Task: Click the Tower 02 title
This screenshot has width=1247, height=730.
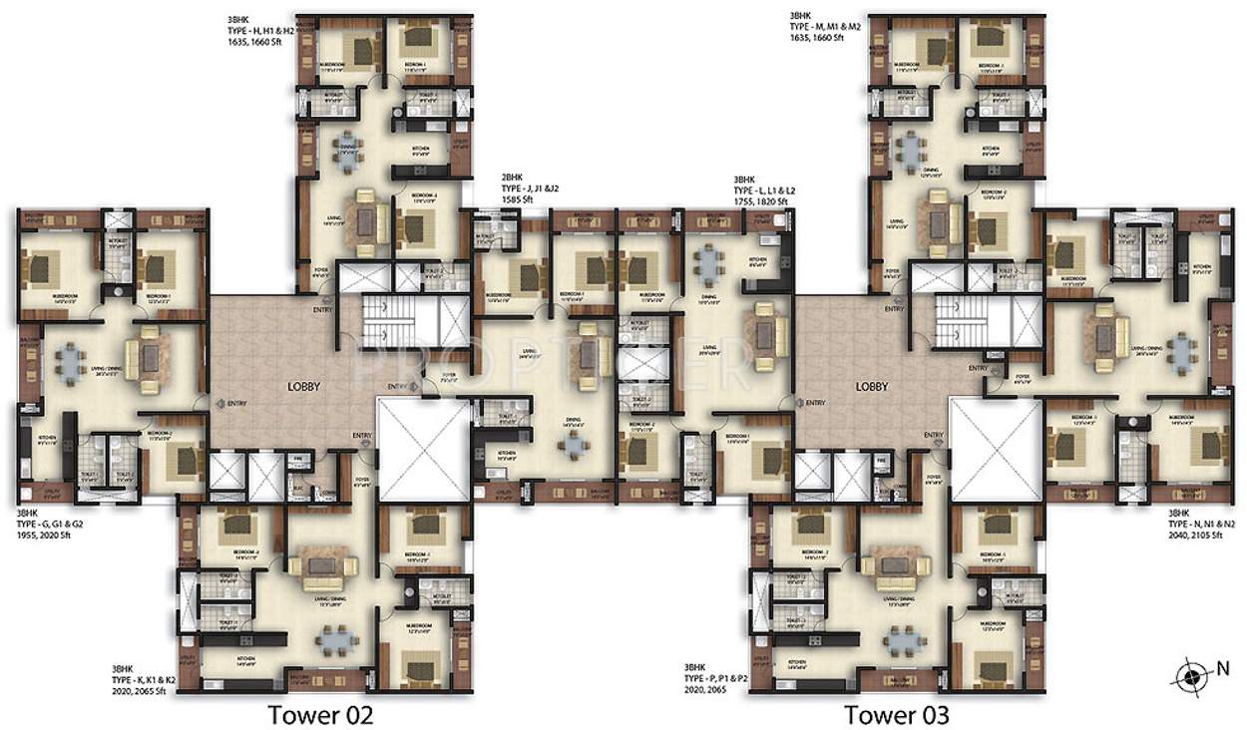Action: coord(319,714)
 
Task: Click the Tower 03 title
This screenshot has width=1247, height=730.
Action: coord(896,714)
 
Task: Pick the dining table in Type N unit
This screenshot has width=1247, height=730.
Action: coord(1183,350)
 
